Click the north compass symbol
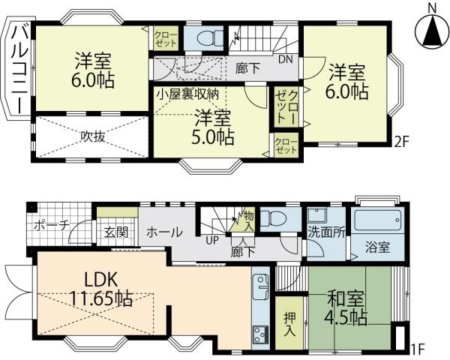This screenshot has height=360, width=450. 433,28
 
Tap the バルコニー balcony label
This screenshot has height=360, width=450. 20,70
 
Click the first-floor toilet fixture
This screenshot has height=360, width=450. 274,219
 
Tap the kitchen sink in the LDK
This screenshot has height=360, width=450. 261,286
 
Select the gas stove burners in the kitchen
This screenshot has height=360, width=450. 260,334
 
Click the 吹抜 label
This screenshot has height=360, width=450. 92,136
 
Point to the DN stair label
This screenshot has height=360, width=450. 286,59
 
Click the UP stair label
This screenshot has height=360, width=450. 212,240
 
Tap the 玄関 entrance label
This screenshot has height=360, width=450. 116,232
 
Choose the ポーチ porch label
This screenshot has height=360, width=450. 52,226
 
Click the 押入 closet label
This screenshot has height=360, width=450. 289,324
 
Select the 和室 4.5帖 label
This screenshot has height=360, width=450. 346,307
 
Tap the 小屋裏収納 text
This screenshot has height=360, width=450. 187,94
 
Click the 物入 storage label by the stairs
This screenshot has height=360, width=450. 249,220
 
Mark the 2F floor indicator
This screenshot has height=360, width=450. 401,142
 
